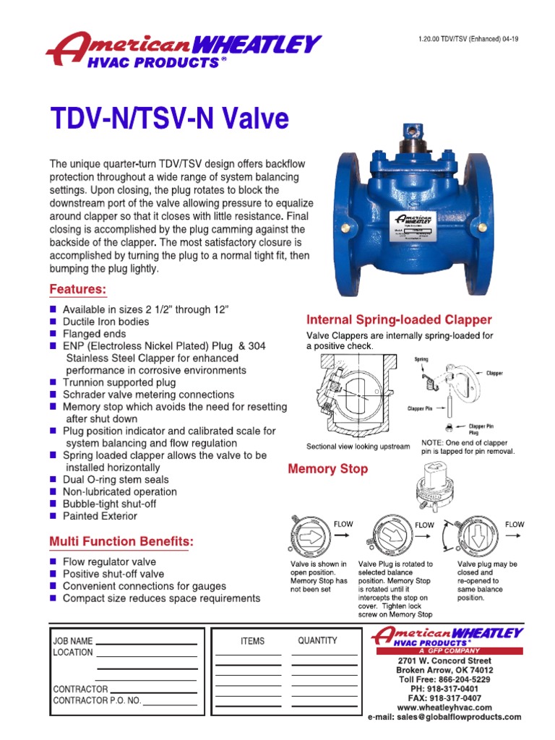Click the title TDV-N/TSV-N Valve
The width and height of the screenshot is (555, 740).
(169, 119)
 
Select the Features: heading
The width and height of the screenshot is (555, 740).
(78, 290)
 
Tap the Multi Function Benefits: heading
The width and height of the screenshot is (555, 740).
(121, 542)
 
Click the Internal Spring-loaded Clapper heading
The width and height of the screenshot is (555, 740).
(399, 319)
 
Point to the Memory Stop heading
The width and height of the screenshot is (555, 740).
(327, 469)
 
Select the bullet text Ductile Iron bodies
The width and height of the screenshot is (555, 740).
(106, 322)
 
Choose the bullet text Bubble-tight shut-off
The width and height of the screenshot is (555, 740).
(109, 504)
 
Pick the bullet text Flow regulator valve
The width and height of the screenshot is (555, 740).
(109, 562)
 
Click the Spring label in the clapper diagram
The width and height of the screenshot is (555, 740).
(421, 359)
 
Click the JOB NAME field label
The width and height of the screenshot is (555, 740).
(73, 640)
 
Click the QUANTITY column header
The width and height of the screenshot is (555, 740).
(317, 640)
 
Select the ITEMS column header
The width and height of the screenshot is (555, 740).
(252, 641)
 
